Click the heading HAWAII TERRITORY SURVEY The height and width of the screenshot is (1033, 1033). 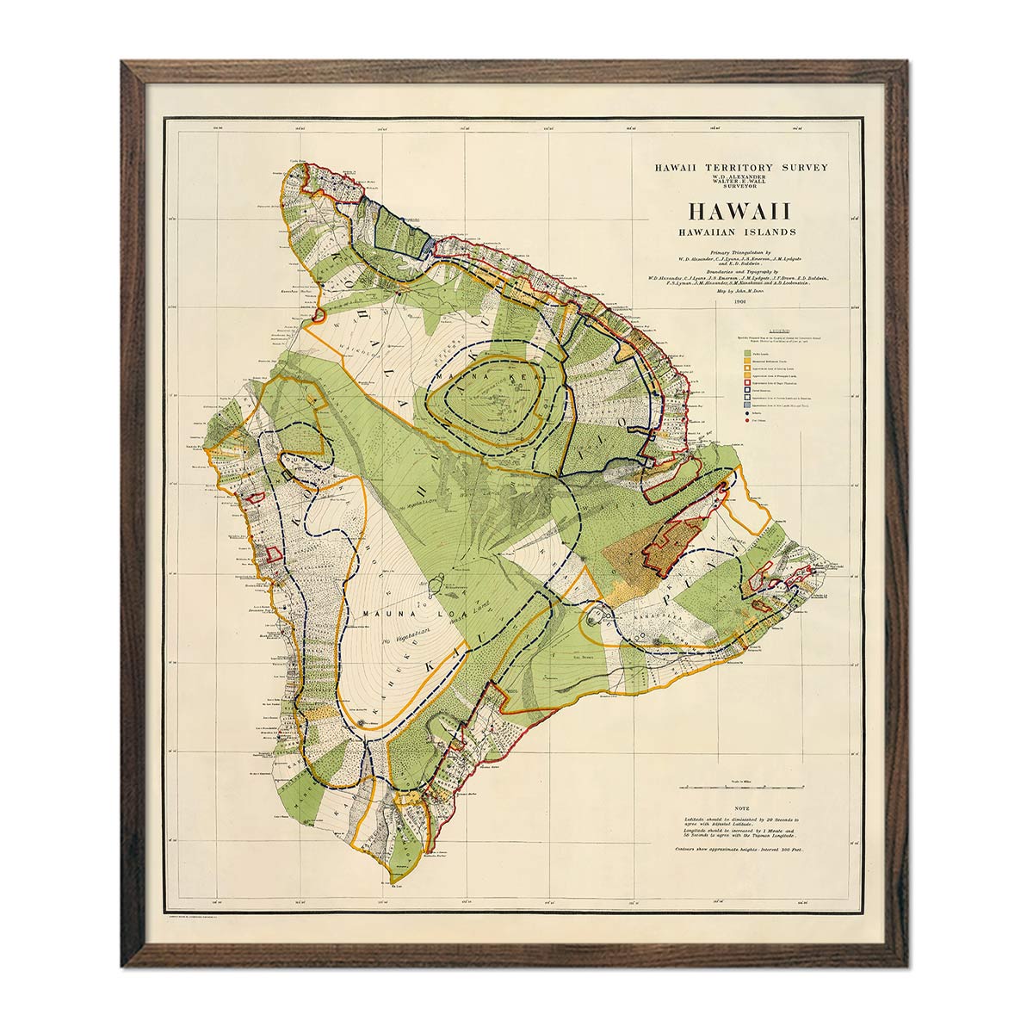[x=740, y=167]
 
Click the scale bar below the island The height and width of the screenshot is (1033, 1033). [x=740, y=787]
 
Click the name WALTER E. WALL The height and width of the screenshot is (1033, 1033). [x=740, y=182]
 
